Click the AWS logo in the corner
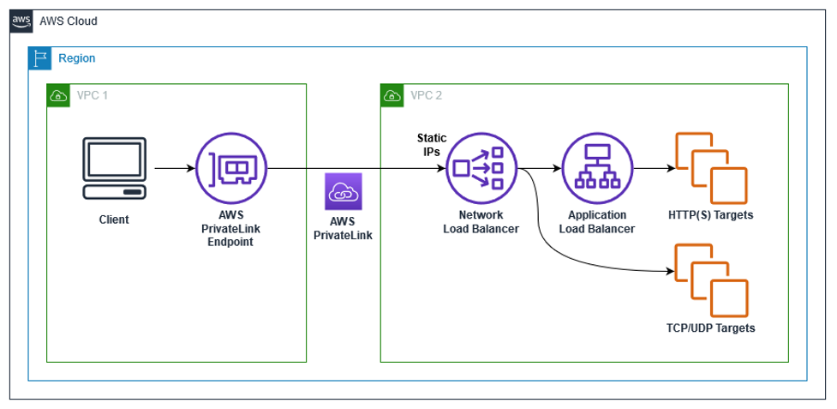pos(22,21)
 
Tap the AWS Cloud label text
pos(69,21)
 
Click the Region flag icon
pos(39,58)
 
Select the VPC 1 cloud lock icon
pos(57,95)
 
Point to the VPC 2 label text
pos(427,95)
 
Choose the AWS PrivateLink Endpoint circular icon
pos(230,169)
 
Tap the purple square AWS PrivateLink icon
pos(343,193)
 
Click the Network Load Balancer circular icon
pos(481,169)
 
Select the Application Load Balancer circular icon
pos(597,169)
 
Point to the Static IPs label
pos(431,144)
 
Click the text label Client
pos(113,220)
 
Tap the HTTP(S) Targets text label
pos(710,215)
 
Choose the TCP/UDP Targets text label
pos(710,328)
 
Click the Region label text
pos(76,58)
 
